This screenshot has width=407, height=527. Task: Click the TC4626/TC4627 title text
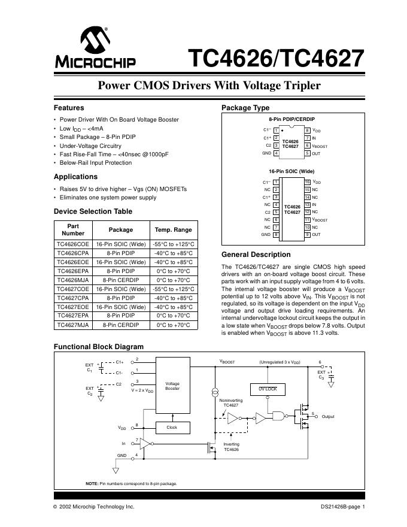point(276,59)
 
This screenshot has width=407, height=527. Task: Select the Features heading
point(69,108)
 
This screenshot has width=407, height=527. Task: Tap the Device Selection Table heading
point(93,211)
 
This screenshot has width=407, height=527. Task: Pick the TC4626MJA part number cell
point(72,280)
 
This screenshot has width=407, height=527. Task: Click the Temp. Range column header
point(173,229)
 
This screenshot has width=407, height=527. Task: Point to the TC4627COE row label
point(72,289)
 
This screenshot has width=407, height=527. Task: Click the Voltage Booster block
point(172,386)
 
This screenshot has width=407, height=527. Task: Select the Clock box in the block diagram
point(172,428)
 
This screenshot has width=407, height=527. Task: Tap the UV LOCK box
point(268,389)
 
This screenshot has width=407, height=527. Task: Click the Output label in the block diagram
point(329,416)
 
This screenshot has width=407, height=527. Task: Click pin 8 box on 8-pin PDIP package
point(308,130)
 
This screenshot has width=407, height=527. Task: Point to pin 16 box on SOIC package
point(307,182)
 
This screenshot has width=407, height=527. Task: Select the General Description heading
point(256,255)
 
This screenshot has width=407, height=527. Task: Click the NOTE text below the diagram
point(131,483)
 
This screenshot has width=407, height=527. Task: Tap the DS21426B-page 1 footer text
point(342,507)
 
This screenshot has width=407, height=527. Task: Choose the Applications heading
point(75,177)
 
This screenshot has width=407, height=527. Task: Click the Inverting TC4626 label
point(231,446)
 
